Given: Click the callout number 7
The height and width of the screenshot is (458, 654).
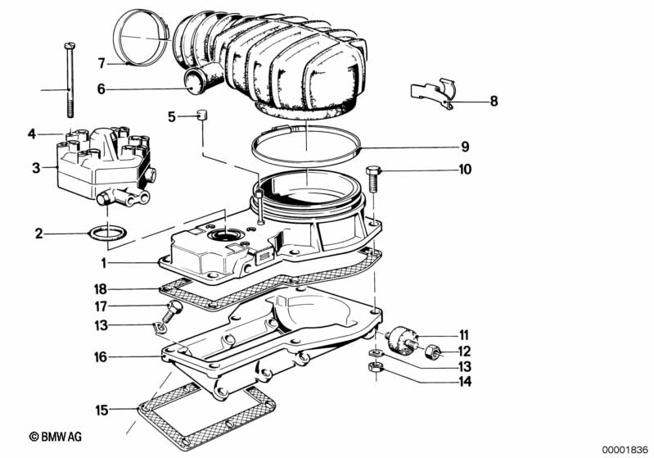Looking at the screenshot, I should coord(101,63).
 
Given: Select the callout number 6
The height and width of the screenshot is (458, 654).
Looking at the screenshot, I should coord(101,89).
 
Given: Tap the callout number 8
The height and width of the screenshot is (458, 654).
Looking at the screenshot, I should coord(493,102).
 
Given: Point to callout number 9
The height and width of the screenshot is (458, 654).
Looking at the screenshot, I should coord(464,147).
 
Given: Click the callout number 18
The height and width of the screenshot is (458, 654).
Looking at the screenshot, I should coord(99,290).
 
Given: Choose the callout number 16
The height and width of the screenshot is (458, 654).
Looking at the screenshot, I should coord(99,356).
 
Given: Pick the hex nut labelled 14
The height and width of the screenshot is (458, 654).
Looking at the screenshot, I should coord(375,365).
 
